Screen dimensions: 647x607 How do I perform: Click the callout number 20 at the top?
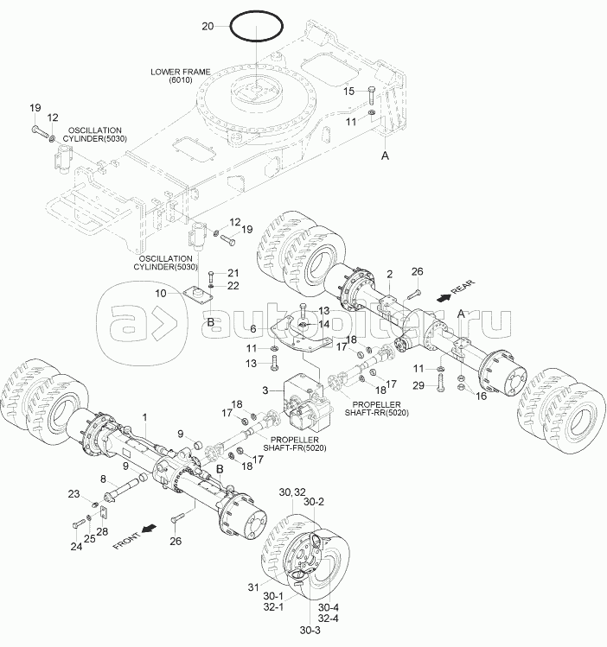click(207, 27)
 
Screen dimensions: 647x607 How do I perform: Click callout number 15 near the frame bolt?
click(348, 91)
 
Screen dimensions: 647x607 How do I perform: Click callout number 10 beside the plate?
click(161, 294)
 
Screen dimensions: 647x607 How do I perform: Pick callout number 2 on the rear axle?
click(390, 274)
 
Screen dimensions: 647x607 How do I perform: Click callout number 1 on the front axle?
click(147, 418)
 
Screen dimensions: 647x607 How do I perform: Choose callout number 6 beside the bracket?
click(253, 329)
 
